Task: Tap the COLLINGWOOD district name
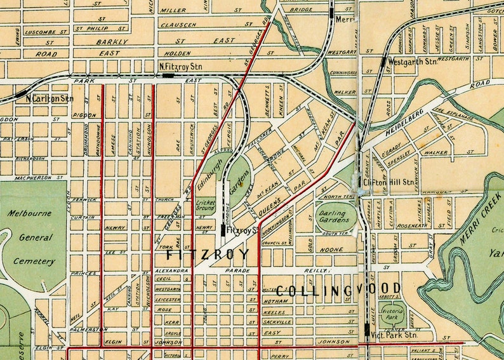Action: pyautogui.click(x=340, y=291)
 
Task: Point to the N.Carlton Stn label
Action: pyautogui.click(x=50, y=98)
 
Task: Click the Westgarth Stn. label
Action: pyautogui.click(x=413, y=62)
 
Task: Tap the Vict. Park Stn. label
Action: pyautogui.click(x=394, y=334)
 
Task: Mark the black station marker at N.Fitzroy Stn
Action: pyautogui.click(x=168, y=75)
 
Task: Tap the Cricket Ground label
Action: pyautogui.click(x=205, y=204)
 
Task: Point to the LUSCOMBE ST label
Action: pyautogui.click(x=46, y=31)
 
